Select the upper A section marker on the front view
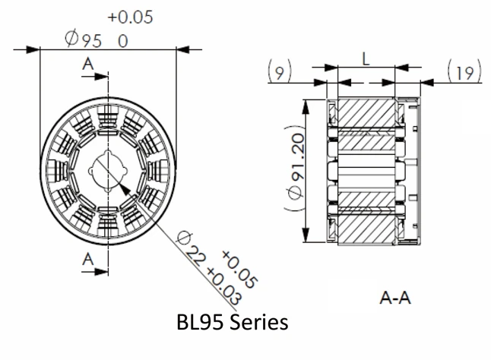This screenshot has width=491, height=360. point(90,65)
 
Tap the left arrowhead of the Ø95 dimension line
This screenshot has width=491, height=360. point(33,50)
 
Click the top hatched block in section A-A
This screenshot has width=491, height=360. point(366,113)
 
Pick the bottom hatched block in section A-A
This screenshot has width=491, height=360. point(366,227)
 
